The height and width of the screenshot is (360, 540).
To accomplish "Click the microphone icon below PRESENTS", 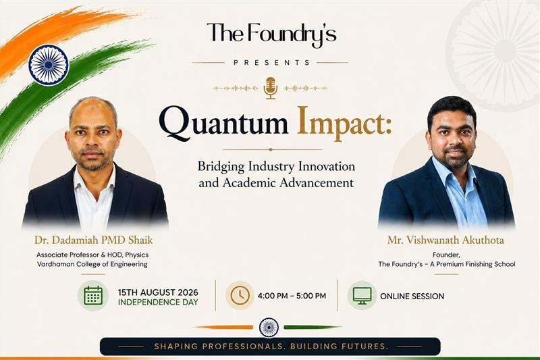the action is pos(271,88).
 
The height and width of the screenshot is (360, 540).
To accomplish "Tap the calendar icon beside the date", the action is pos(93,296).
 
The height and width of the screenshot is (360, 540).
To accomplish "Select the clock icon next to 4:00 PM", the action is pos(240,296).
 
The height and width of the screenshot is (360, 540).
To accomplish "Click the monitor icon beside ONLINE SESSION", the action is pos(362,296).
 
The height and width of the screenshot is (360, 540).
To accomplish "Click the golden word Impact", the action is pos(344,124).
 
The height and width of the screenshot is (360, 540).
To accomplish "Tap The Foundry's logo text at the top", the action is pos(271,34).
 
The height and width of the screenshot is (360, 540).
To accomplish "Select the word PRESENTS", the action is pos(272,63).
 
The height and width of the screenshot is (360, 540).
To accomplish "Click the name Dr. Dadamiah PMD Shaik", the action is pos(93,240).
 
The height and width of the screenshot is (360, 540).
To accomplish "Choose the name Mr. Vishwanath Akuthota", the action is pos(446,240).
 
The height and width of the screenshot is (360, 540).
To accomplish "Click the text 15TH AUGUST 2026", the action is pos(158,292).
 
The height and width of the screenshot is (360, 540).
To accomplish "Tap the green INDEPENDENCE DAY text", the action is pos(158,303).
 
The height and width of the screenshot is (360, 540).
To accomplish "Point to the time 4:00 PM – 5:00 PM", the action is pos(292,296).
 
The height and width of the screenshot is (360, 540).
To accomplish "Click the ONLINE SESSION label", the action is pos(412,297).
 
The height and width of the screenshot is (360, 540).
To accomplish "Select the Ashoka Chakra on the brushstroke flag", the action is pos(49,65).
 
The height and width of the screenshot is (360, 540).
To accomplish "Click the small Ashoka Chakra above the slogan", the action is pos(269,328).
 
